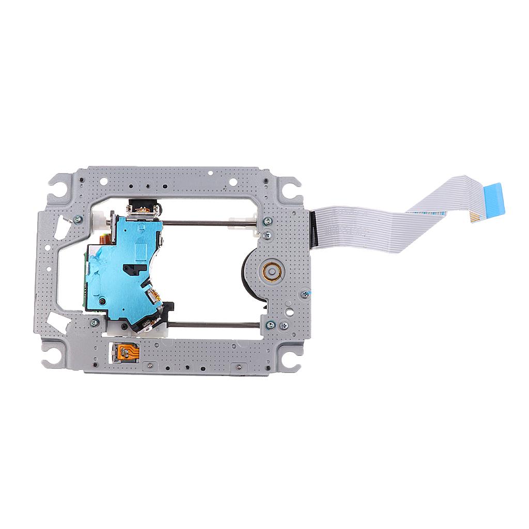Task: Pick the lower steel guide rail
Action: tap(212, 325)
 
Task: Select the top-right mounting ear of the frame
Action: tap(291, 185)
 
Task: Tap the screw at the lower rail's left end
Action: tap(95, 322)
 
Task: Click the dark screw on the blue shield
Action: tap(103, 301)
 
